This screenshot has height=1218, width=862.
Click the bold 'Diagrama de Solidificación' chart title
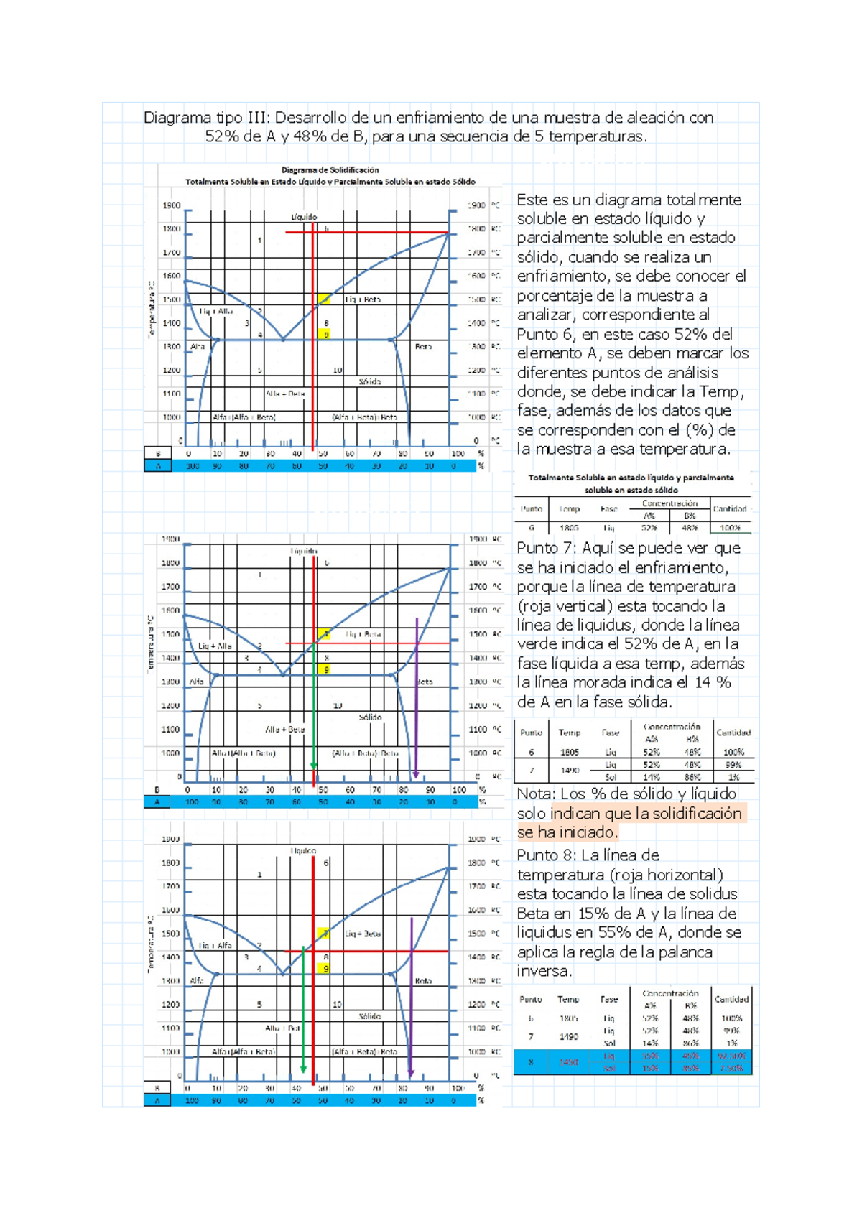pos(330,170)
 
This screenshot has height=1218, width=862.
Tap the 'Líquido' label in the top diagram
pos(304,216)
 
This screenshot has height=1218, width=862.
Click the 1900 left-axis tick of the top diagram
pos(171,205)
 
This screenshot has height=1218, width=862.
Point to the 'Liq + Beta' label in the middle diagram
pos(363,634)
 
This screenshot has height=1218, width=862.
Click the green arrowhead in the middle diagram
pos(313,766)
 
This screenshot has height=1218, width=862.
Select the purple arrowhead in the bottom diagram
pos(410,1074)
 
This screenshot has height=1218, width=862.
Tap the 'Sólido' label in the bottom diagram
pos(369,1016)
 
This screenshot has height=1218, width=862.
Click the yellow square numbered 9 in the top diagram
pos(325,335)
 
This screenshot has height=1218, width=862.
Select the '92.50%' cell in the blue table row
pos(731,1056)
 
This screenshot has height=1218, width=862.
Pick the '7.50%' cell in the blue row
pos(731,1069)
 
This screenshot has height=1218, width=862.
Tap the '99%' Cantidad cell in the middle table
pos(733,765)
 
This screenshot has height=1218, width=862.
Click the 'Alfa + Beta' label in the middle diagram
pos(285,729)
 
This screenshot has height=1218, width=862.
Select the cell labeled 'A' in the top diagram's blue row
pos(157,466)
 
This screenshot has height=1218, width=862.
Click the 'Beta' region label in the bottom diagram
pos(423,980)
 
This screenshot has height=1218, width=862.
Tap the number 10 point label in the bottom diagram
pos(337,1004)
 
